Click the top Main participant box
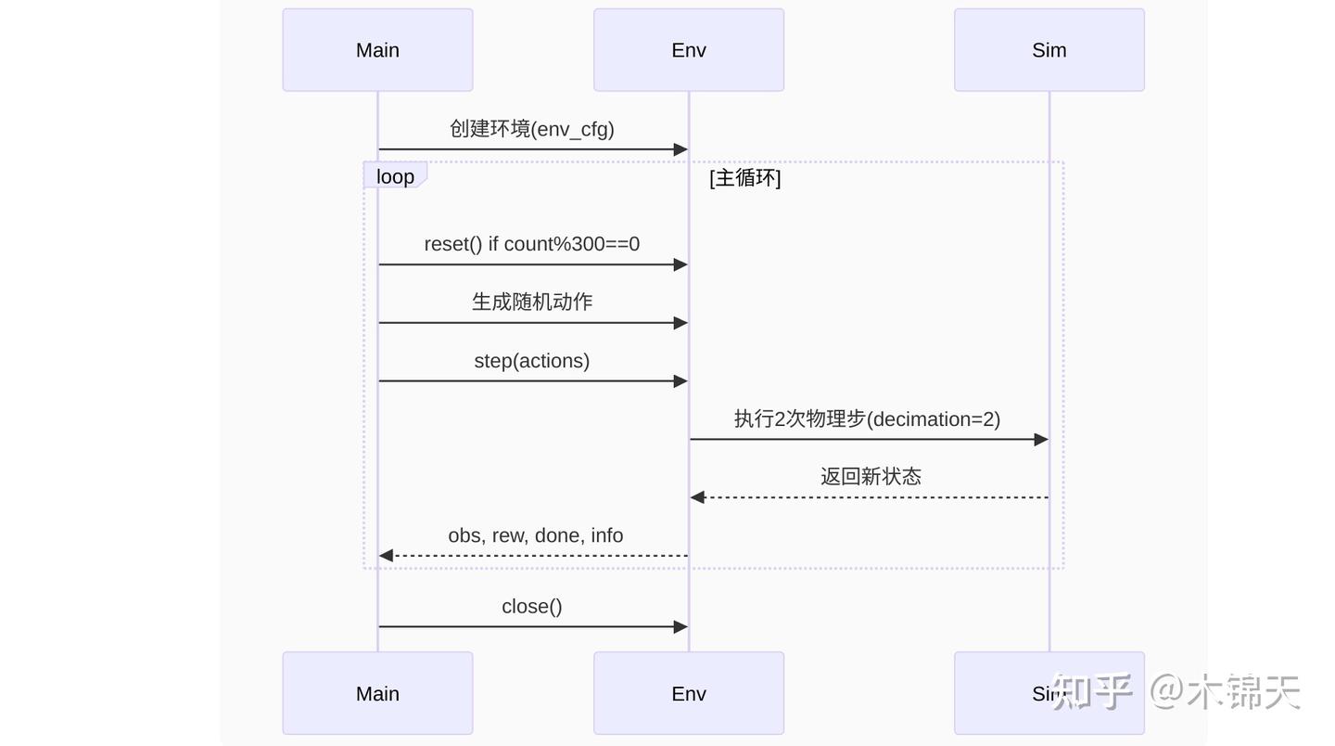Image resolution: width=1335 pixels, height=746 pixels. point(377,50)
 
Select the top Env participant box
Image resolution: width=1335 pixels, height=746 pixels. point(689,50)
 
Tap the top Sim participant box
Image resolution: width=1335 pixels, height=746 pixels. point(1049,50)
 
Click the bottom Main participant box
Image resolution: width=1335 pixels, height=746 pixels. point(377,693)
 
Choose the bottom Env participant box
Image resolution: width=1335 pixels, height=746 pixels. point(689,693)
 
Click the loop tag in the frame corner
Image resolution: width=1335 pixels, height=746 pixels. point(395,176)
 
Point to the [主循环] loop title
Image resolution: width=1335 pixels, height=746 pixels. point(744,177)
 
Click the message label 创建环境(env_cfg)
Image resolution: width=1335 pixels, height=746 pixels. point(532,129)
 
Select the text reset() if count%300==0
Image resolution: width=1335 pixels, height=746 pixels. point(532,244)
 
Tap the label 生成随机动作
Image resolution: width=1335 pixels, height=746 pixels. point(532,302)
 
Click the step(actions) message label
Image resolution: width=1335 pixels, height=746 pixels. point(532,361)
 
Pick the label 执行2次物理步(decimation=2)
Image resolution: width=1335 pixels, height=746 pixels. point(867,419)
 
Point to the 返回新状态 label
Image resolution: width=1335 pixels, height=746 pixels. point(871,477)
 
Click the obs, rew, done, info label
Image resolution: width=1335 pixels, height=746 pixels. point(536,535)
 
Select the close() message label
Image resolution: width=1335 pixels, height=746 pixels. point(532,607)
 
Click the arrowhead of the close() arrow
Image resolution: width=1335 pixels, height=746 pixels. point(680,627)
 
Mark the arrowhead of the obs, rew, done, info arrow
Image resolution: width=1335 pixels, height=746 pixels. point(387,556)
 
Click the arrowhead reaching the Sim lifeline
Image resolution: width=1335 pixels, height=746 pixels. point(1041,440)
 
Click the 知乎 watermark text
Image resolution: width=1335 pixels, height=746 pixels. point(1091,692)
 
